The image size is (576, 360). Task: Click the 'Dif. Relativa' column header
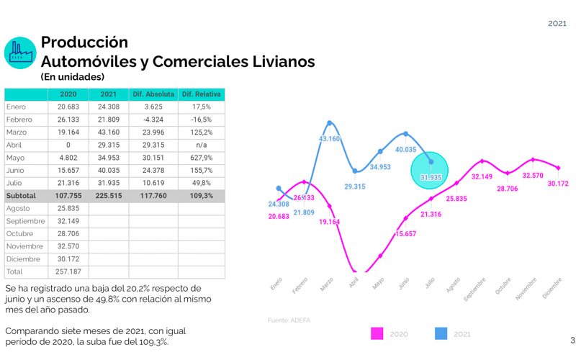(202, 94)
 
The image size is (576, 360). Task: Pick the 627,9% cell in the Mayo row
(202, 158)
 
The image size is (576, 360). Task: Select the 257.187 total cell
(68, 271)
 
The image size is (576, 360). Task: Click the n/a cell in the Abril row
(202, 145)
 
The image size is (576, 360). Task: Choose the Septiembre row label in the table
(26, 221)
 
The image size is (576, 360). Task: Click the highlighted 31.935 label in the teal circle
(431, 177)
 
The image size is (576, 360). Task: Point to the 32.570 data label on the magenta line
(533, 175)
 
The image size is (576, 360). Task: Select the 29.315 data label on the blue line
(355, 186)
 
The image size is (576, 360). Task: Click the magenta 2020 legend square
(376, 333)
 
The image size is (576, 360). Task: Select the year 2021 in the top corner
(557, 24)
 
